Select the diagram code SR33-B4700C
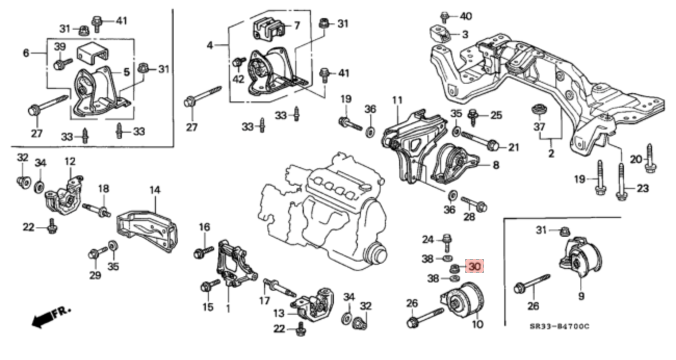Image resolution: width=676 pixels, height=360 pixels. coord(560,327)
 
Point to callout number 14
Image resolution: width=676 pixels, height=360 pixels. coord(155,190)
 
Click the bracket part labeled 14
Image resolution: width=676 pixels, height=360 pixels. coord(148,229)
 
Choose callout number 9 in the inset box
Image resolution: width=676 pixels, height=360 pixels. coord(580,296)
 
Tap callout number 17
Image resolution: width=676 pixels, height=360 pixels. coord(265,300)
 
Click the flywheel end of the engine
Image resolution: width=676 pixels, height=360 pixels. coord(376,255)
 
